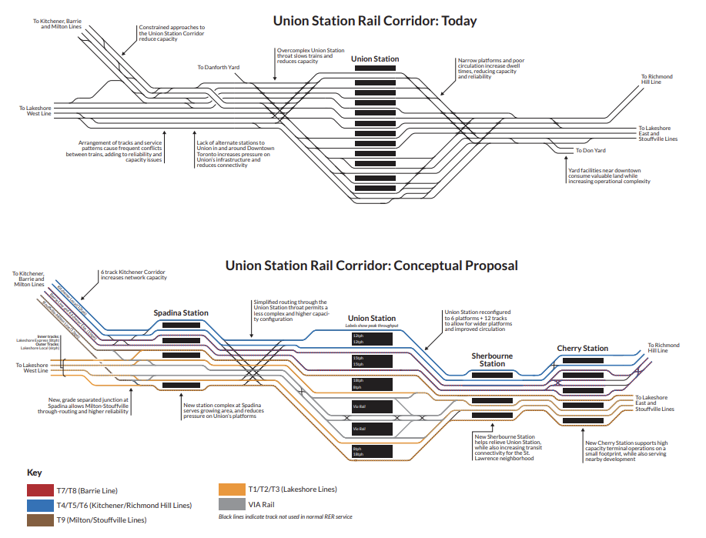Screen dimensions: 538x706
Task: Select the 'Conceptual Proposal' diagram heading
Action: (371, 266)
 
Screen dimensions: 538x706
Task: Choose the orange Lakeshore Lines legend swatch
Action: (231, 490)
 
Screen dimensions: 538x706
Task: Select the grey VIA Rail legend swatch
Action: (231, 505)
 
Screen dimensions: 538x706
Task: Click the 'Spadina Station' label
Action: (181, 313)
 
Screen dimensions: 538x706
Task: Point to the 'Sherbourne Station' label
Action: (492, 359)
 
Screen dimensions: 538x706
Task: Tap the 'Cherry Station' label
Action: (582, 349)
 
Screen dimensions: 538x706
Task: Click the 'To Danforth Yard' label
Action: (218, 68)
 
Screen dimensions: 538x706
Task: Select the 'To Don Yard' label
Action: (591, 150)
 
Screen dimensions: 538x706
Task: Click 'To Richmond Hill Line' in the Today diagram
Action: (657, 79)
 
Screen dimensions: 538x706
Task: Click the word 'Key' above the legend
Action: (34, 473)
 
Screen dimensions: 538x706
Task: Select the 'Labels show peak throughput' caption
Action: (372, 326)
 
